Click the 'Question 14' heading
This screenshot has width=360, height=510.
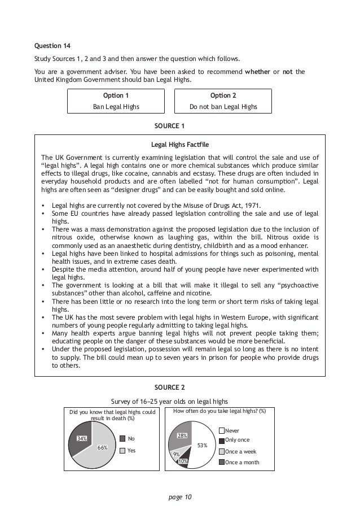(x=52, y=45)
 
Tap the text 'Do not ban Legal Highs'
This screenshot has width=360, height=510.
(x=223, y=106)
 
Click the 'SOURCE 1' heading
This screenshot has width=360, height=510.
(x=169, y=125)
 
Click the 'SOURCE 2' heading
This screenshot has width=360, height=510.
(x=169, y=387)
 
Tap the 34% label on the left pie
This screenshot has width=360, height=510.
(x=82, y=438)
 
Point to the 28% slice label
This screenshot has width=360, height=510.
(x=182, y=435)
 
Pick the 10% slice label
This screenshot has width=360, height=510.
(x=183, y=461)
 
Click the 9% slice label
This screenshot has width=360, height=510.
(x=177, y=454)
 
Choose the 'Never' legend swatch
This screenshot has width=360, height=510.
(x=221, y=430)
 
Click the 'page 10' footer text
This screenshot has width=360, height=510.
(x=179, y=496)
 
